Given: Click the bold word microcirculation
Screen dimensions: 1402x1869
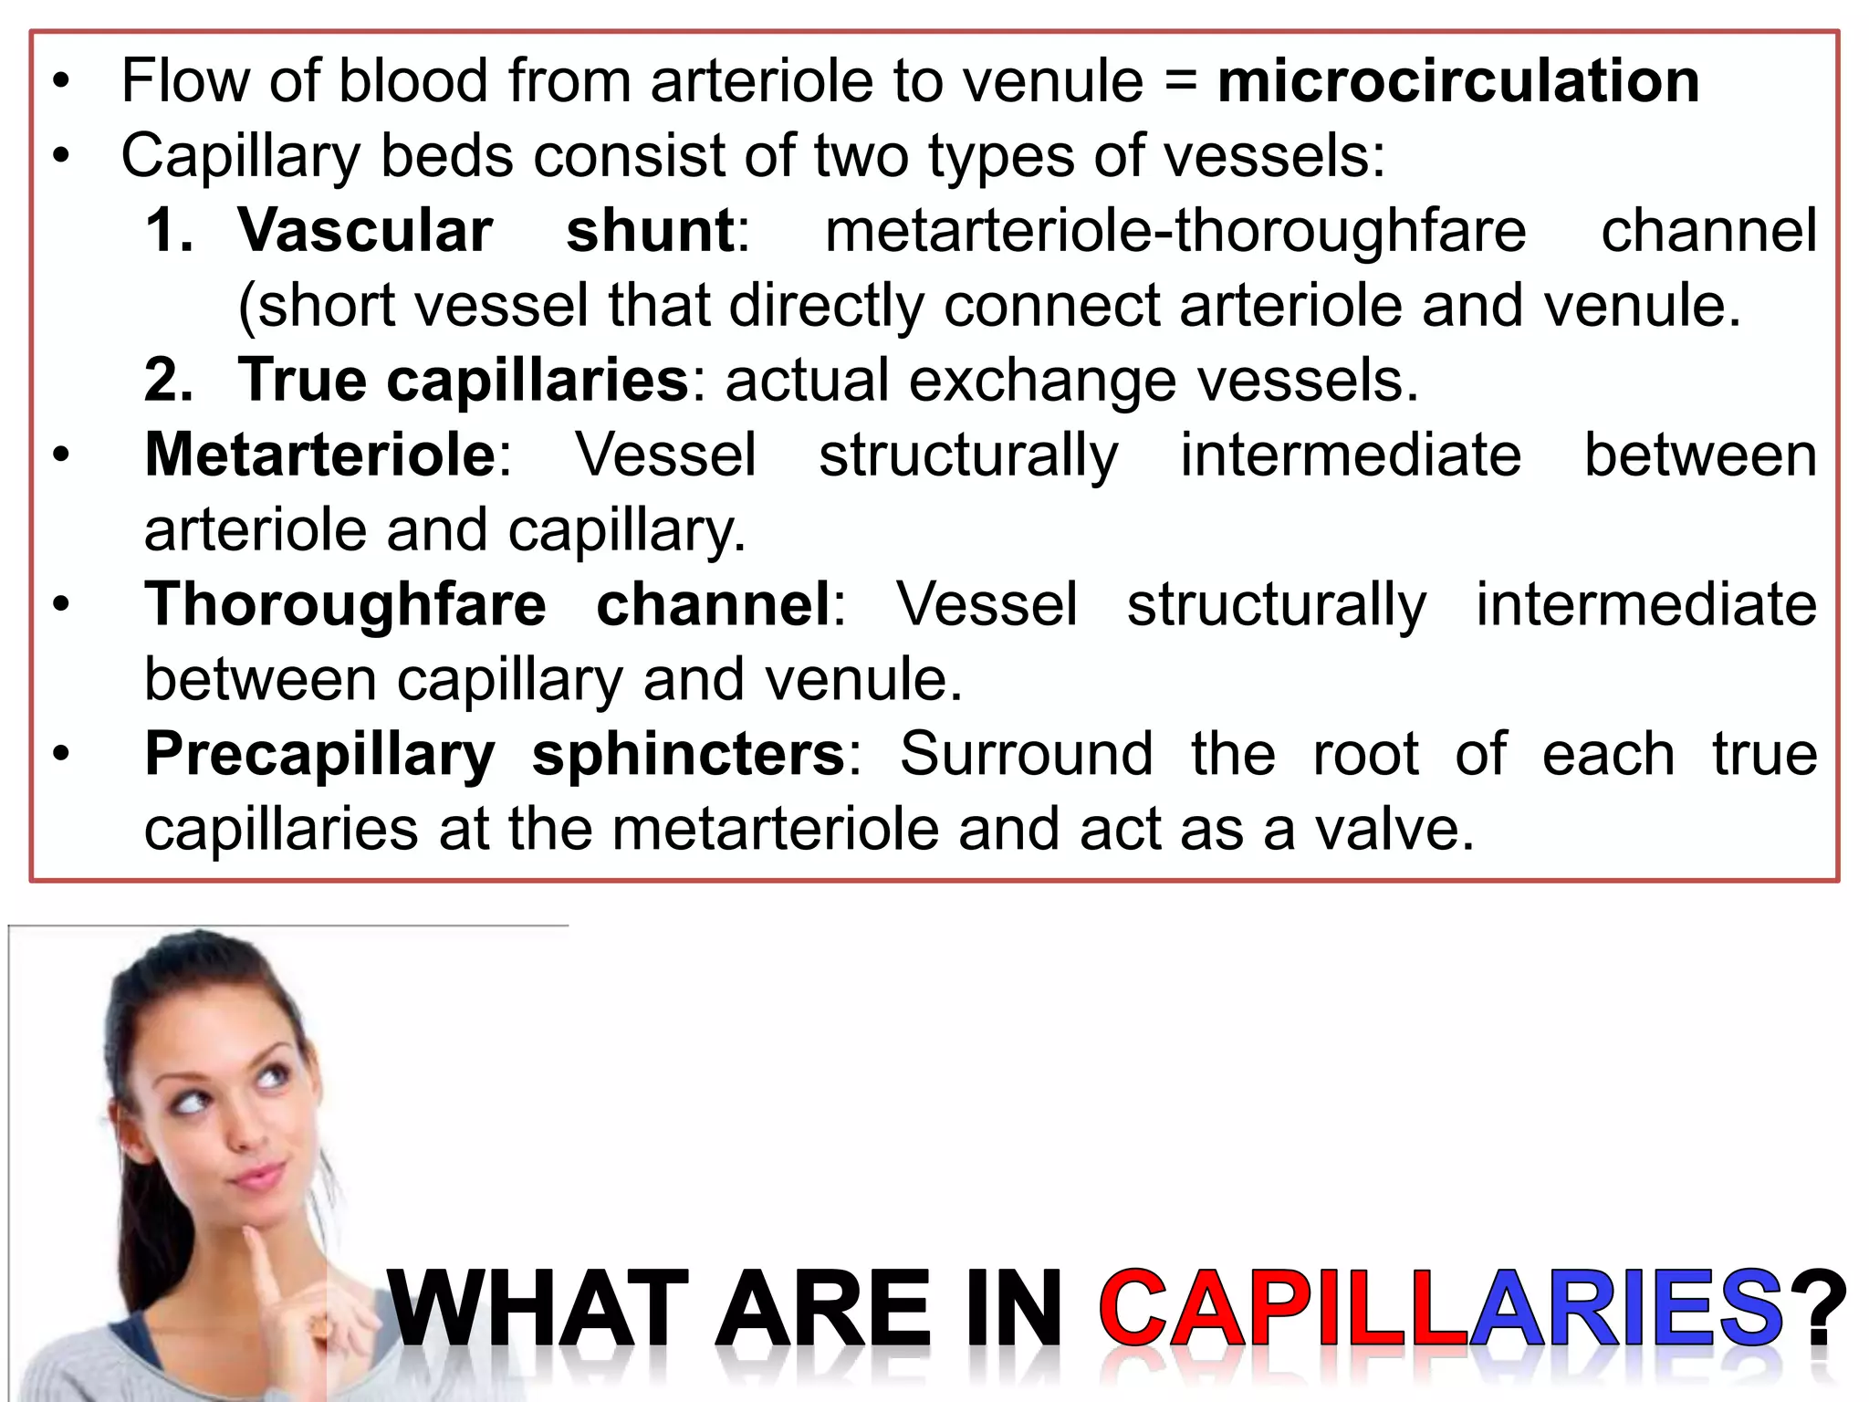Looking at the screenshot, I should (x=1457, y=82).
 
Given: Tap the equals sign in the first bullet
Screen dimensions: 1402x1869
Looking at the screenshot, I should (x=1180, y=82).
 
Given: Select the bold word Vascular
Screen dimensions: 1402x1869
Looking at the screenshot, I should (x=365, y=230).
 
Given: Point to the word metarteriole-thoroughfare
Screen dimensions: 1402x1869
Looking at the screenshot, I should (x=1175, y=230).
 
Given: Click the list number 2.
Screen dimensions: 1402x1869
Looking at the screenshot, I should (x=169, y=381).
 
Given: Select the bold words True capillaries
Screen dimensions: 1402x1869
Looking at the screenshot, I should (x=463, y=381).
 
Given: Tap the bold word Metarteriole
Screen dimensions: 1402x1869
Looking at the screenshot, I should (x=320, y=455).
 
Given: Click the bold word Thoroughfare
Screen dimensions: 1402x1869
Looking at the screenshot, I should (x=345, y=605).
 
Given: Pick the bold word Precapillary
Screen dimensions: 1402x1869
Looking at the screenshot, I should (x=320, y=755).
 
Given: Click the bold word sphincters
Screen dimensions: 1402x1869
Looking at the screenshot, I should (x=689, y=755).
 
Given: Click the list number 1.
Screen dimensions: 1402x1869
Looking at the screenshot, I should (x=169, y=230).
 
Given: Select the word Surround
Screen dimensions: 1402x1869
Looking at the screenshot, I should (x=1026, y=755).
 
